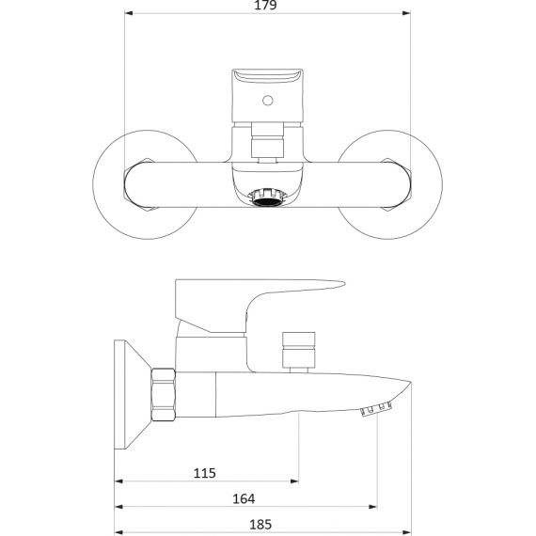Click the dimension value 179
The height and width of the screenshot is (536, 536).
pyautogui.click(x=265, y=5)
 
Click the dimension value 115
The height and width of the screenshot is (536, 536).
pyautogui.click(x=204, y=473)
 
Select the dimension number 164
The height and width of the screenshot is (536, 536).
pyautogui.click(x=244, y=498)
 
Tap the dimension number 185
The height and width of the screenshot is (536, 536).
pyautogui.click(x=260, y=525)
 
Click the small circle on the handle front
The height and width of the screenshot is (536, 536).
pyautogui.click(x=268, y=101)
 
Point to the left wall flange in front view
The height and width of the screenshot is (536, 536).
pyautogui.click(x=99, y=184)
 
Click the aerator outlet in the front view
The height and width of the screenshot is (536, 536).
pyautogui.click(x=267, y=198)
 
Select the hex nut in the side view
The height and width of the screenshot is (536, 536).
pyautogui.click(x=164, y=395)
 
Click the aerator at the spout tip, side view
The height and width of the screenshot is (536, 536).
pyautogui.click(x=376, y=409)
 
